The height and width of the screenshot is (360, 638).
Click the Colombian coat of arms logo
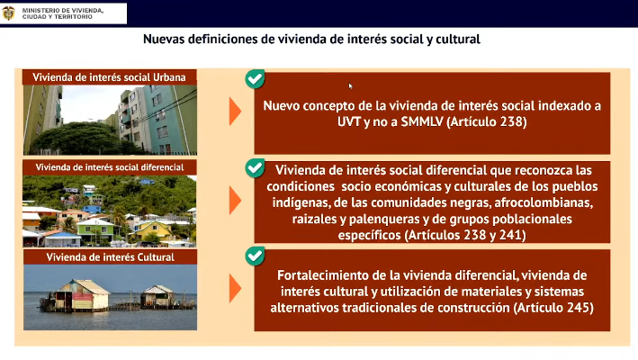tap(8, 13)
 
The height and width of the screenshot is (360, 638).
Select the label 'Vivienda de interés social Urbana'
tap(109, 77)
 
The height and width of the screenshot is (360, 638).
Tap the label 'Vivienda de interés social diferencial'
tap(110, 167)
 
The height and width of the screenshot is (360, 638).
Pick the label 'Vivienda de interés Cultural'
tap(111, 257)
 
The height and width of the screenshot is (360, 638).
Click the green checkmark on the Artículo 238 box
tap(256, 79)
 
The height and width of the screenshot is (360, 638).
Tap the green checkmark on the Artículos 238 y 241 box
tap(256, 168)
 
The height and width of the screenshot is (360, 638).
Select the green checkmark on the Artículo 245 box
tap(256, 256)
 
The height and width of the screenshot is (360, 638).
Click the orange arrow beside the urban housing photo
tap(235, 111)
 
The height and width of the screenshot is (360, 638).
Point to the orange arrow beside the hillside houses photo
tap(235, 200)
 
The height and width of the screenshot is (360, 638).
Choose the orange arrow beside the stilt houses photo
tap(235, 288)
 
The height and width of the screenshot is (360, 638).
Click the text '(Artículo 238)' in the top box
tap(487, 121)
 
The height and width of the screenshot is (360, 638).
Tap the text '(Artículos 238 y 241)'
tap(465, 235)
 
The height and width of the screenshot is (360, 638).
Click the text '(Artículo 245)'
tap(553, 308)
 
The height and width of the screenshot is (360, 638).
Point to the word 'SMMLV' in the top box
tap(422, 121)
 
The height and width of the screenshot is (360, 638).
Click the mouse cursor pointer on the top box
tap(350, 85)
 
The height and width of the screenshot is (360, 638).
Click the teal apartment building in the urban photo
tap(166, 119)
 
